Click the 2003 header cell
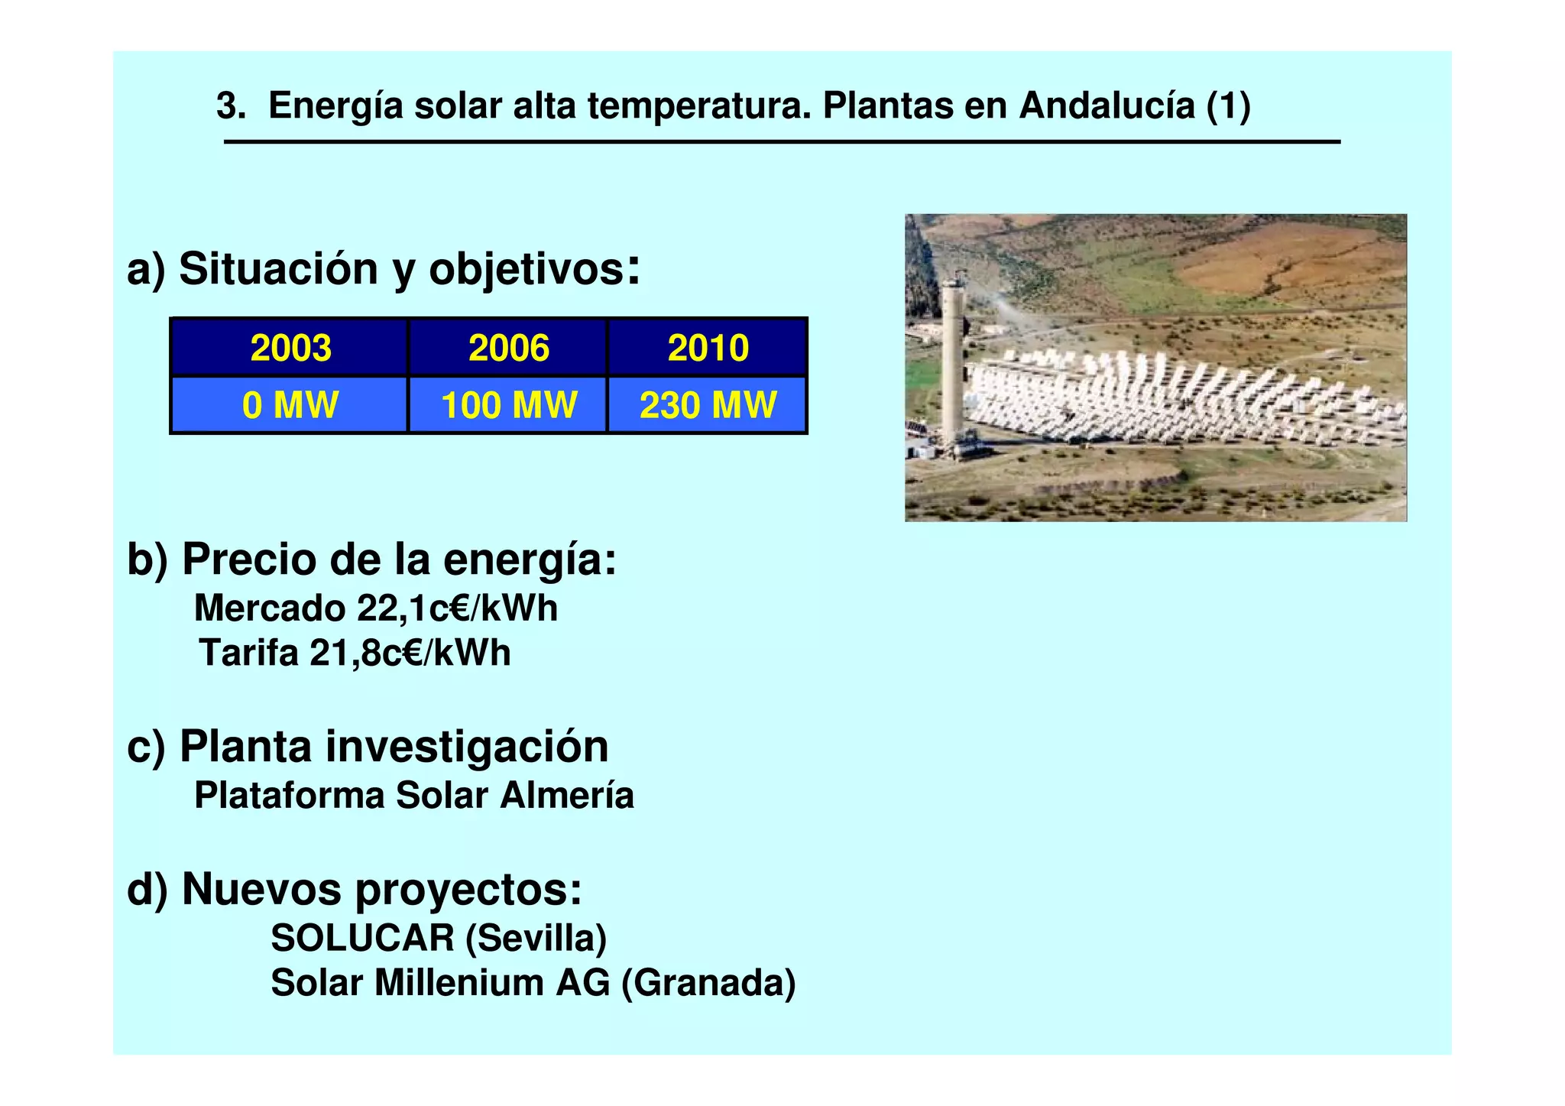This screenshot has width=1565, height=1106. coord(290,348)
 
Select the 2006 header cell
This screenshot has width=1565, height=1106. coord(508,348)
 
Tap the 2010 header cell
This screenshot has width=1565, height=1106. coord(708,348)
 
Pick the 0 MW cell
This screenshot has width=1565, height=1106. coord(290,405)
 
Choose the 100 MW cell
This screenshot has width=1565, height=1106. coord(508,405)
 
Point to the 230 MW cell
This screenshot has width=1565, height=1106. coord(708,405)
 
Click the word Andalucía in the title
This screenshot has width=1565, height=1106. coord(1107,105)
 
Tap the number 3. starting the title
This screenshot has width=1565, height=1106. coord(231,105)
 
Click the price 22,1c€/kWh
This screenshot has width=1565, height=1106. coord(457,609)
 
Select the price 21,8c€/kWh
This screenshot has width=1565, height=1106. coord(410,654)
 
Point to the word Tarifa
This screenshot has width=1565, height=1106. coord(248,654)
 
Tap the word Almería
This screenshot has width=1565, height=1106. coord(567,796)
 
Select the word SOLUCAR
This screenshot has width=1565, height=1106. coord(362,938)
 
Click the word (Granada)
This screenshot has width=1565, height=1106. coord(708,983)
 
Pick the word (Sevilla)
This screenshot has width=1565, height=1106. coord(536,938)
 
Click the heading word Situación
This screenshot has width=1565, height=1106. coord(278,270)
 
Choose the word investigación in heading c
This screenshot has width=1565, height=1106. coord(467,747)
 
